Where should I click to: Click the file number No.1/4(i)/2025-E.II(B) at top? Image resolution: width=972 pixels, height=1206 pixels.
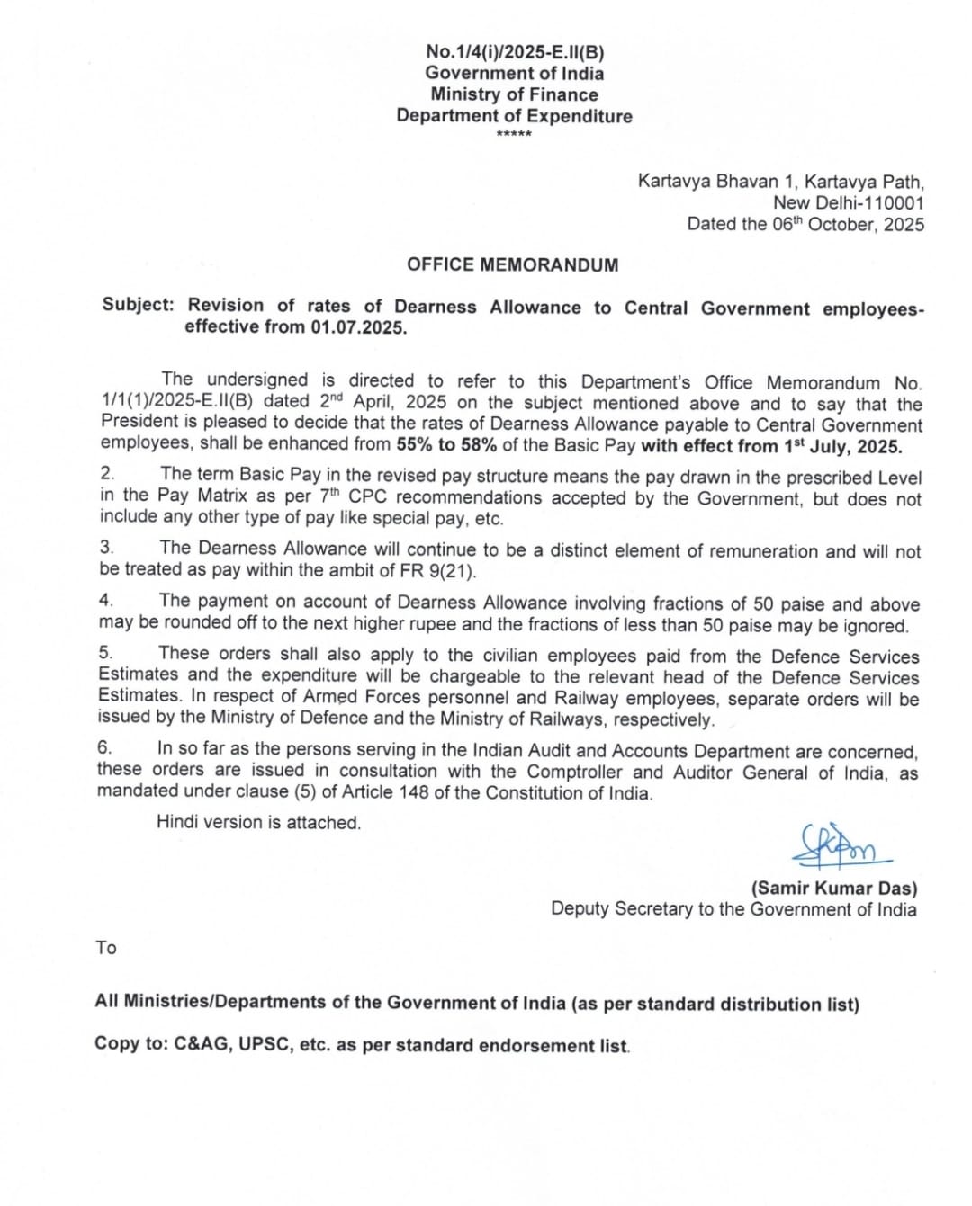[x=515, y=52]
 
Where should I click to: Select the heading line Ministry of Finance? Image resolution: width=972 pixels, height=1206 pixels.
[x=514, y=94]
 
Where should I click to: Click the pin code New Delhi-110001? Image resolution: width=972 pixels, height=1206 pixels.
[x=848, y=203]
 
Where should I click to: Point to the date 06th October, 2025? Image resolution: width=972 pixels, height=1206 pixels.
[x=848, y=225]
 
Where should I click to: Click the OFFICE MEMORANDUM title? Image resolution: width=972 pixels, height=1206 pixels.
[x=512, y=265]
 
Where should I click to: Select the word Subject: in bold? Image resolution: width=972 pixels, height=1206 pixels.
[x=138, y=305]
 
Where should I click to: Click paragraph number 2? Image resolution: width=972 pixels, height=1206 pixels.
[x=107, y=473]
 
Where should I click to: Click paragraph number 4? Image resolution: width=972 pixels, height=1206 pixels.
[x=105, y=600]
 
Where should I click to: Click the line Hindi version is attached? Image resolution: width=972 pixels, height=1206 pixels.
[x=258, y=823]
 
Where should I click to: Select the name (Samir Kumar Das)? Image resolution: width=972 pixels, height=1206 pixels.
[x=834, y=889]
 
